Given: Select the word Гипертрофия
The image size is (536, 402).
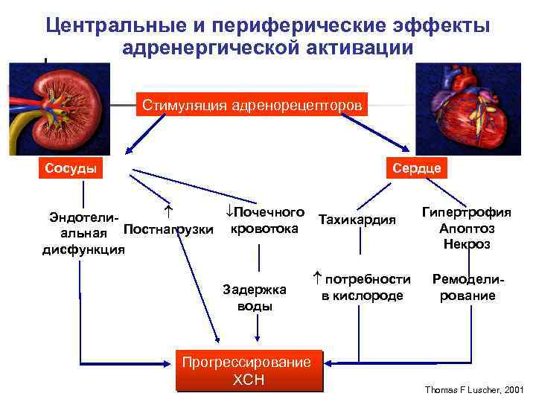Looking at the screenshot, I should [467, 212].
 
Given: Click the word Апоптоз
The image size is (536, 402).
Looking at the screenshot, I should [467, 228].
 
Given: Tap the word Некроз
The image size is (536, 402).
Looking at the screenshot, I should [467, 243].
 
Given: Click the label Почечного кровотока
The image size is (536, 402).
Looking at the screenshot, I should [265, 220].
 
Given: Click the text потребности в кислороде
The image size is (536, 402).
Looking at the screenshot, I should [362, 287].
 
